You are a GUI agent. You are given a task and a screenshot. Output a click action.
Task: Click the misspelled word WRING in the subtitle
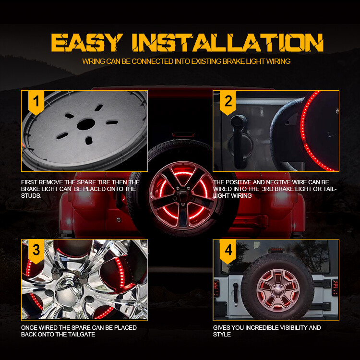[93, 61]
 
